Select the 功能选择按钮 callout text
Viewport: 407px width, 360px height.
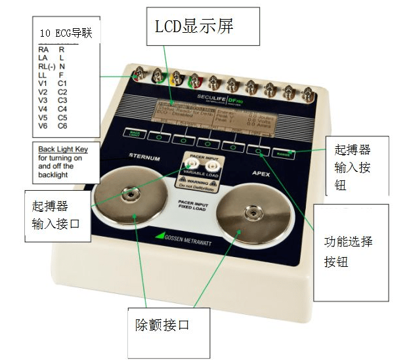(x=349, y=250)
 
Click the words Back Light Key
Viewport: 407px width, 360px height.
(x=63, y=150)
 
